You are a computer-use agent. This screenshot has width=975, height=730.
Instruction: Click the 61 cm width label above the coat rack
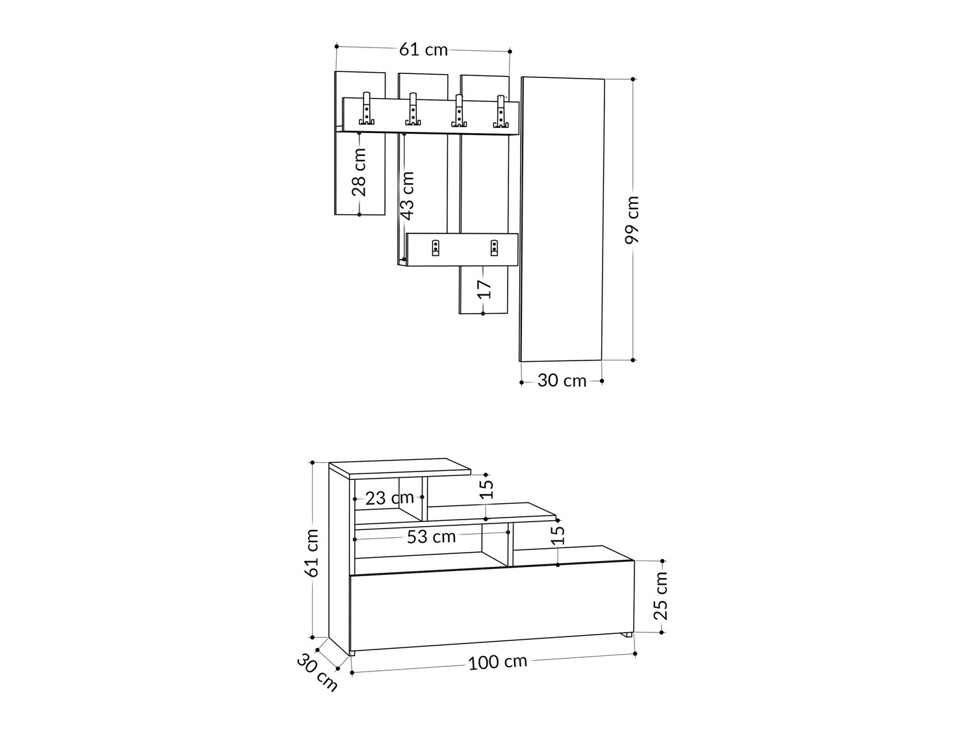(x=423, y=49)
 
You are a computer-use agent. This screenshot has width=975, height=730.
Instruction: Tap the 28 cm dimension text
(x=359, y=171)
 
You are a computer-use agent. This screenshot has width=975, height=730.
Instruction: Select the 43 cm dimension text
(x=407, y=195)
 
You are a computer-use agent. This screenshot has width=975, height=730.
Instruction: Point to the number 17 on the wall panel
(x=484, y=289)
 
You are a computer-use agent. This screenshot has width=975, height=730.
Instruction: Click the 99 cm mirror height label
(x=632, y=220)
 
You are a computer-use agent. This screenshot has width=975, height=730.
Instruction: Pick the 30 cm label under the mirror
(x=562, y=381)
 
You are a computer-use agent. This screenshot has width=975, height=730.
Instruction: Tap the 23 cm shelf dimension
(x=389, y=498)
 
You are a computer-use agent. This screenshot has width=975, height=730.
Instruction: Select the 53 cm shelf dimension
(x=431, y=536)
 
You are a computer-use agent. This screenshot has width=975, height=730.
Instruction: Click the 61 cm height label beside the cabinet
(x=312, y=552)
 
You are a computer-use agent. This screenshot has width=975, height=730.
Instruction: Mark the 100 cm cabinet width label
(x=497, y=662)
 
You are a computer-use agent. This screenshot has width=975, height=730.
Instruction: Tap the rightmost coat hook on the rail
(x=500, y=112)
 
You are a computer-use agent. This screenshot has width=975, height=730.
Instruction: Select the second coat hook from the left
(x=413, y=110)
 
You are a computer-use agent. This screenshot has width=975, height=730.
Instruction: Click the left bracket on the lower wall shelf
(x=435, y=247)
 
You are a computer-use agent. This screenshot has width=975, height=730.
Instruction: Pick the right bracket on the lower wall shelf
(x=495, y=247)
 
